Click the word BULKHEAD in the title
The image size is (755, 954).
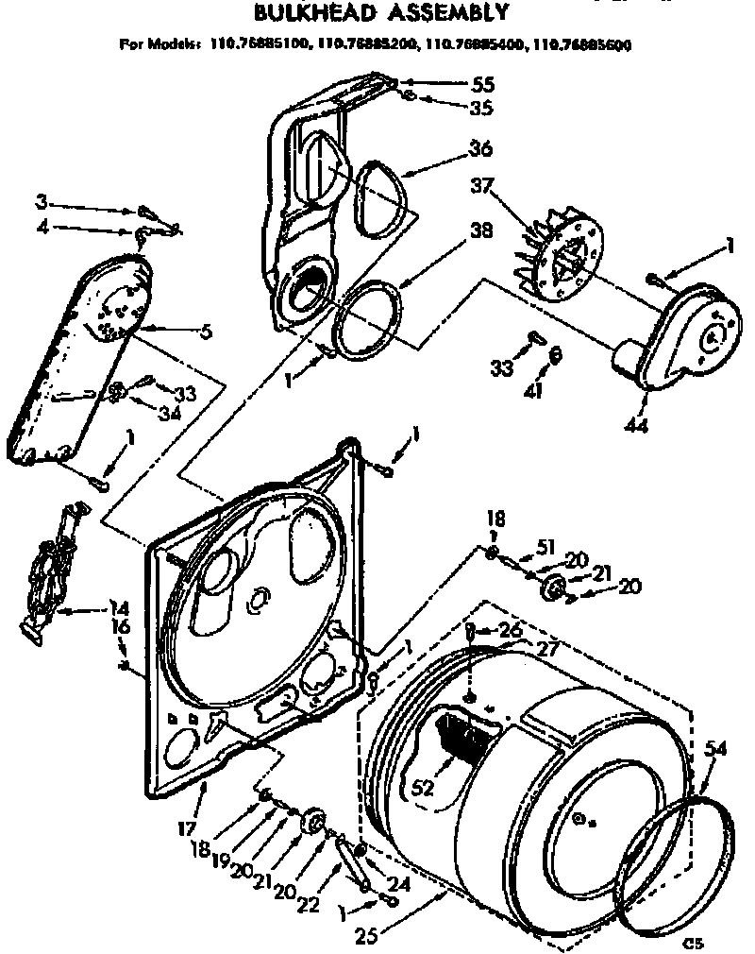click(x=300, y=13)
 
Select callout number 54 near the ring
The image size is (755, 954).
click(x=716, y=749)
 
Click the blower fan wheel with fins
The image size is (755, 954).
click(x=557, y=255)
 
